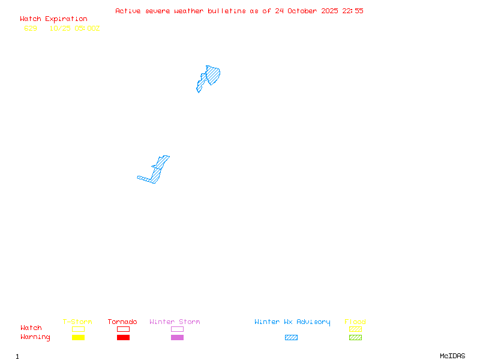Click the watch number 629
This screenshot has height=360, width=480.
31,28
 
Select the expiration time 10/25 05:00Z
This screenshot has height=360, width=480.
74,28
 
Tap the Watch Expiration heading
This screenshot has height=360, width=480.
53,19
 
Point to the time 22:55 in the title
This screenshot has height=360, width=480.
353,11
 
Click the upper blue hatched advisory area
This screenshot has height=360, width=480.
212,76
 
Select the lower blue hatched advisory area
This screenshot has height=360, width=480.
157,172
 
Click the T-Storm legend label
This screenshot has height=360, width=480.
77,322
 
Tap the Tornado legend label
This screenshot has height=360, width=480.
122,322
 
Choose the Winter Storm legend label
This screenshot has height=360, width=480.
175,322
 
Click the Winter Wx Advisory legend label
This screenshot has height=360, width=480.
292,322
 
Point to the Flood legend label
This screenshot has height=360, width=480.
355,322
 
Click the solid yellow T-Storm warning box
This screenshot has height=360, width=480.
78,338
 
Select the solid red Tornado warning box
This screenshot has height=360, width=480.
123,338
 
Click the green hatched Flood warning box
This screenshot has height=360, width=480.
355,338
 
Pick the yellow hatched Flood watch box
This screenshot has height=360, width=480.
355,329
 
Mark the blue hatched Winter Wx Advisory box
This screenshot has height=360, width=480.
291,338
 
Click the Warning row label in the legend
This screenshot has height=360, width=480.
35,337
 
